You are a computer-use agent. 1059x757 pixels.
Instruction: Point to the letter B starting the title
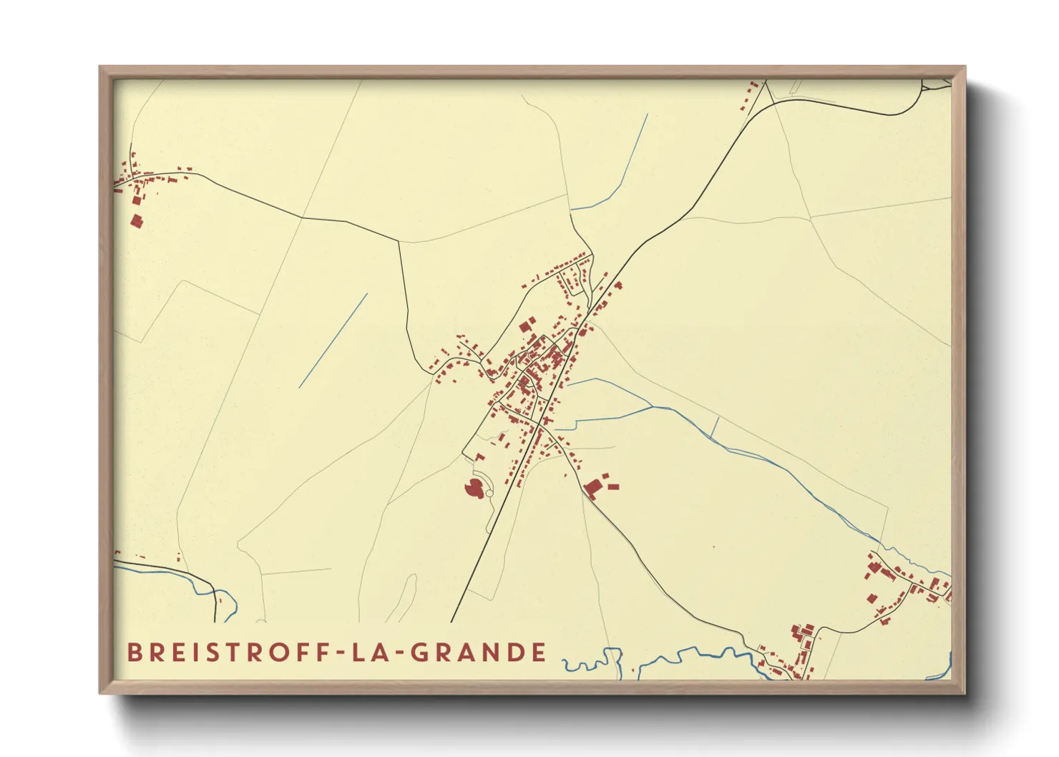(134, 652)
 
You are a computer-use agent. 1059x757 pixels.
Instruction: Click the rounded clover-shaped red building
(473, 488)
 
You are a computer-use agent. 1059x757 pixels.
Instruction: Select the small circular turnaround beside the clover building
(489, 493)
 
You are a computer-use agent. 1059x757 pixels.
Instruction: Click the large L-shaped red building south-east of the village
(593, 487)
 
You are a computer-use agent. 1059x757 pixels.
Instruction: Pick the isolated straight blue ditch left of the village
(333, 340)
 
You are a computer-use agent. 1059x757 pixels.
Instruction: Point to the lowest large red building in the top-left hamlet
(137, 220)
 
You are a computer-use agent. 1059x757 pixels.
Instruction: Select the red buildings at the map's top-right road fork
(751, 94)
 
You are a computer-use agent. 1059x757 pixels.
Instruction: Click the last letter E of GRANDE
(540, 652)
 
